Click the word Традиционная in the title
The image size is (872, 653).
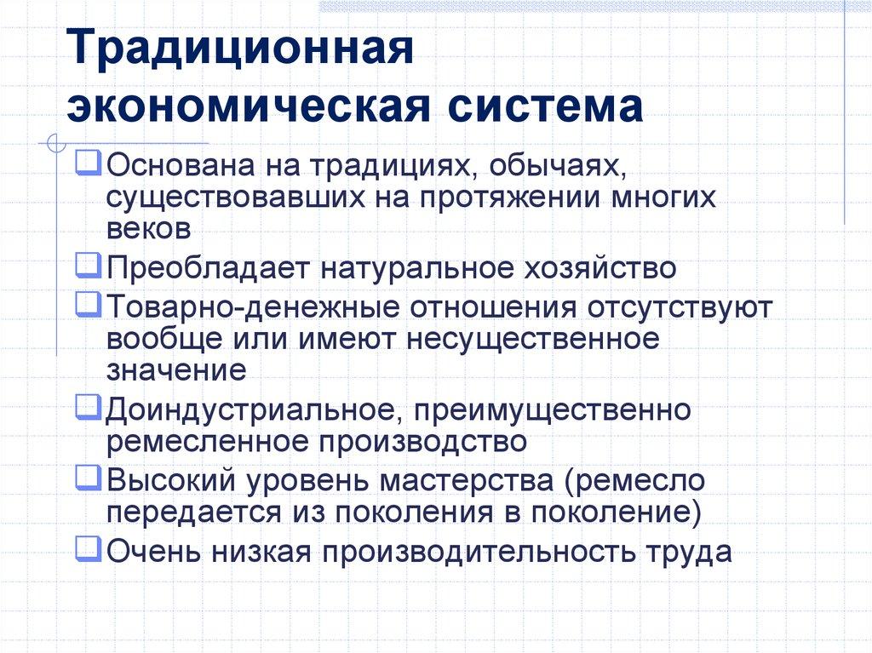point(241,54)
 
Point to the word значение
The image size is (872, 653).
point(177,370)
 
